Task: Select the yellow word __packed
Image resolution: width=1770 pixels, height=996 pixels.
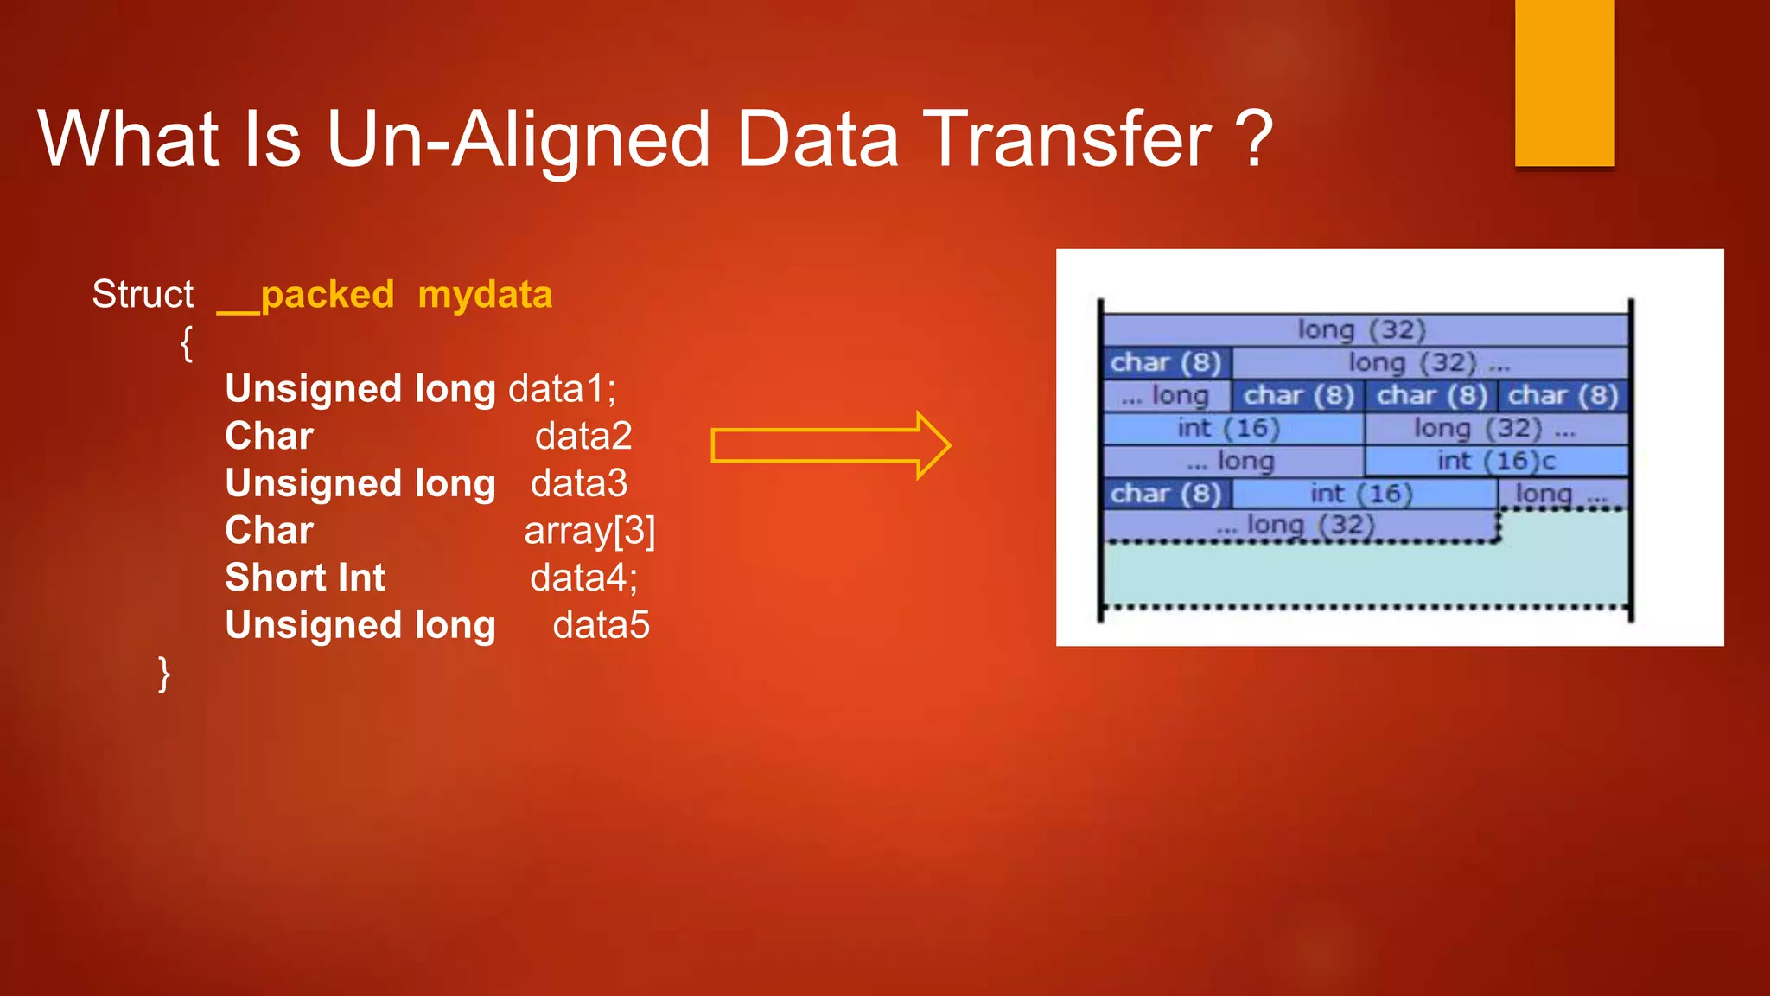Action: [305, 295]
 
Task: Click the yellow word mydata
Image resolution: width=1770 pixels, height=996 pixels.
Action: [485, 295]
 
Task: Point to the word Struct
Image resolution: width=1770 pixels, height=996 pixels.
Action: [143, 295]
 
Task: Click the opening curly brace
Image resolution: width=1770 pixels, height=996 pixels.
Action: [186, 343]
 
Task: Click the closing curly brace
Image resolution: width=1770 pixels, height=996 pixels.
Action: [163, 673]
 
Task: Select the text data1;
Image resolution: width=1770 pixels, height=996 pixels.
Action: [562, 389]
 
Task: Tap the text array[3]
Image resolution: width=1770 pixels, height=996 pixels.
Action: [589, 531]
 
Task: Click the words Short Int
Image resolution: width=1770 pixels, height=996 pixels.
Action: [305, 578]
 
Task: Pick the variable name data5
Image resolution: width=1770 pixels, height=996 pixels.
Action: [601, 625]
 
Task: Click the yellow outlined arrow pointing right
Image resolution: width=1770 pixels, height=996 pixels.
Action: [830, 445]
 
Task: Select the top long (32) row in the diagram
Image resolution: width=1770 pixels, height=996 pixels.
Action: [1364, 329]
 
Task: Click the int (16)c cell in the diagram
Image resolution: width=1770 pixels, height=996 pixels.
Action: [1496, 461]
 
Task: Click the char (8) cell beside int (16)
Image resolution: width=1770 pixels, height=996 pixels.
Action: [1166, 494]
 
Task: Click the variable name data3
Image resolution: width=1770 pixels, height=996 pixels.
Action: [578, 483]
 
